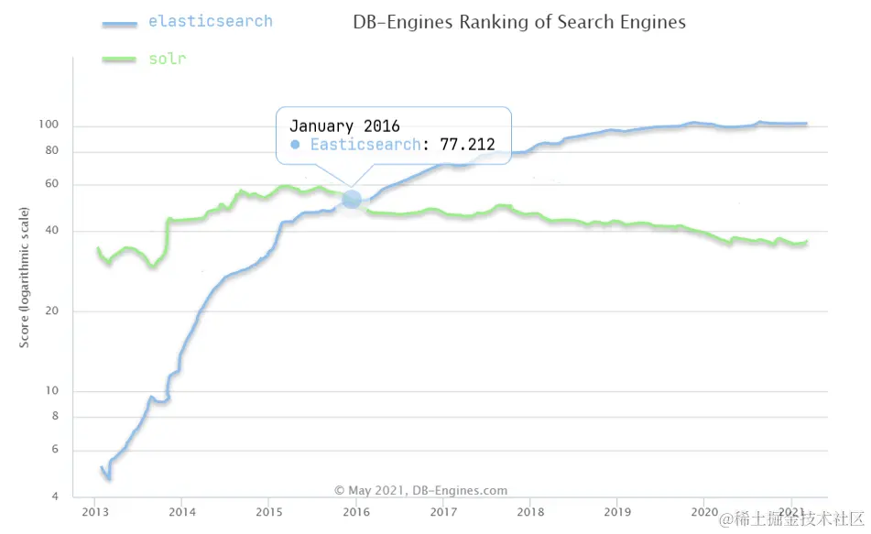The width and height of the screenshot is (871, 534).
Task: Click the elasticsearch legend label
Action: pyautogui.click(x=210, y=21)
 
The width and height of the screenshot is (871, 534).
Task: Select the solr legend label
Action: pyautogui.click(x=167, y=60)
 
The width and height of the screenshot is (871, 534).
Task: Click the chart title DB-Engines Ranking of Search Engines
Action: pyautogui.click(x=518, y=22)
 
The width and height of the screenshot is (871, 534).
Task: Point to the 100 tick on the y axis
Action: pyautogui.click(x=49, y=125)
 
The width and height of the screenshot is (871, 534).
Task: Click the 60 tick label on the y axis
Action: pyautogui.click(x=52, y=184)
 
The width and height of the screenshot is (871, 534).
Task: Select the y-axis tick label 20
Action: pyautogui.click(x=52, y=311)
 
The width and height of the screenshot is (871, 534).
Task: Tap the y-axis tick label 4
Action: pyautogui.click(x=55, y=496)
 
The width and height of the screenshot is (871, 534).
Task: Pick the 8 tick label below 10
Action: pyautogui.click(x=55, y=417)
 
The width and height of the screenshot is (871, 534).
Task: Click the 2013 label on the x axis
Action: pyautogui.click(x=95, y=511)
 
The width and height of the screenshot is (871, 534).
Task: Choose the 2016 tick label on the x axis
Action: pyautogui.click(x=355, y=511)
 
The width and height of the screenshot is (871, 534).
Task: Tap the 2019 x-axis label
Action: pyautogui.click(x=617, y=511)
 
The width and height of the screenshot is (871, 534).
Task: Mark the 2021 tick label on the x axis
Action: pyautogui.click(x=792, y=511)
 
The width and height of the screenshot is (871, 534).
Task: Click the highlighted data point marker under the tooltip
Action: pyautogui.click(x=352, y=199)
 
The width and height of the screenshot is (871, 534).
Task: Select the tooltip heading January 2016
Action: pyautogui.click(x=344, y=126)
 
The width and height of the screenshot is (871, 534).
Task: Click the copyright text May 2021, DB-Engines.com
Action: pyautogui.click(x=420, y=491)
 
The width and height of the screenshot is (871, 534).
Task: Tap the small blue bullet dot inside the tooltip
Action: pyautogui.click(x=295, y=145)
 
